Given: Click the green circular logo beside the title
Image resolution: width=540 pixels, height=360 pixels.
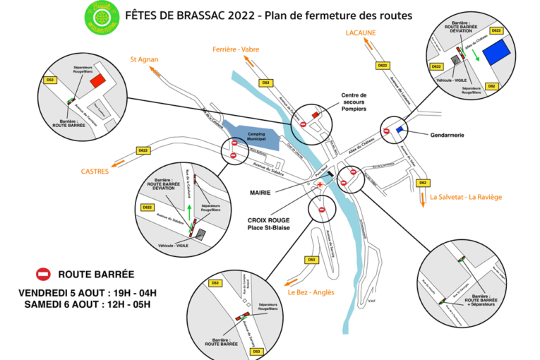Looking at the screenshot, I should (100, 15).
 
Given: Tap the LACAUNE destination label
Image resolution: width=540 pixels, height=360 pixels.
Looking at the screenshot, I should (361, 32).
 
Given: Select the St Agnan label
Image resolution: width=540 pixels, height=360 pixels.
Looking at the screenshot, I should (143, 59).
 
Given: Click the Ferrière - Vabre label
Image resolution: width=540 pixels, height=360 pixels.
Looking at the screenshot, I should (237, 49).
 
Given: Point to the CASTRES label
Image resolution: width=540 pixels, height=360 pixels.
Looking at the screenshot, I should (95, 171).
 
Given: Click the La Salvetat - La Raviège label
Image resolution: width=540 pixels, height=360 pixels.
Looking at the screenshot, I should (465, 197).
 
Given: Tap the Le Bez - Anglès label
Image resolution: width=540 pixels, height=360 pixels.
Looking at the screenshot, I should (311, 292).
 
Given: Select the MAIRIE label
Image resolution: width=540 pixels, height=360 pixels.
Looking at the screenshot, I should (261, 191).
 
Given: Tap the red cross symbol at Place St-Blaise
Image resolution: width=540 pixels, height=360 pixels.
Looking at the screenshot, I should (321, 184).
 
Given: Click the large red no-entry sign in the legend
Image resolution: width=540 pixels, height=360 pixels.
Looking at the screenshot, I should (44, 274).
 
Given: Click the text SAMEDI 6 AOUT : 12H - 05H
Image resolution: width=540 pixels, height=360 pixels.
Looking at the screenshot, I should (88, 305).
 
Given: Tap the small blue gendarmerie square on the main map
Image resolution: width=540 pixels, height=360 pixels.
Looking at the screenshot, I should (401, 129).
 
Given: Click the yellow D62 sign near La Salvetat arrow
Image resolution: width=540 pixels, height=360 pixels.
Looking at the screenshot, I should (422, 184).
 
